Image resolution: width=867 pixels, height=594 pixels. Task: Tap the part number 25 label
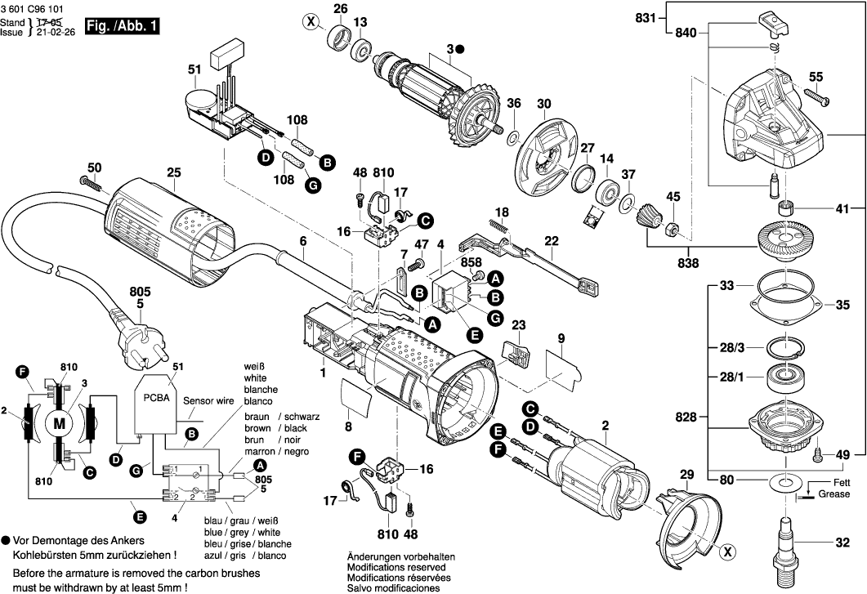[x=172, y=172]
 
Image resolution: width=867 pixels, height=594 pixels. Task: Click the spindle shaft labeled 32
[x=790, y=543]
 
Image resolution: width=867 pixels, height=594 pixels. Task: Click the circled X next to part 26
[x=310, y=22]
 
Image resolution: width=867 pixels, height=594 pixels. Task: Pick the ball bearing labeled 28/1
[x=784, y=380]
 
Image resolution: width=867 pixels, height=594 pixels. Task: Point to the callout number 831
[x=647, y=18]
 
